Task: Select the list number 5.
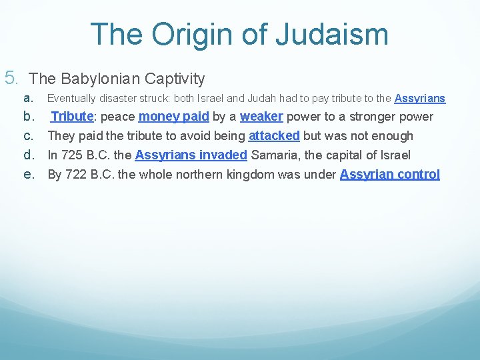[11, 78]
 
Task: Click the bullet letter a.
[28, 98]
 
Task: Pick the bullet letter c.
[29, 136]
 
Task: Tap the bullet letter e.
[29, 175]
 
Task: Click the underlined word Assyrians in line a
[419, 99]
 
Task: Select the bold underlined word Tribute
[71, 117]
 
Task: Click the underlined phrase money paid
[173, 117]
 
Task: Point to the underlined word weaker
[261, 117]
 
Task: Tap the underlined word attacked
[273, 136]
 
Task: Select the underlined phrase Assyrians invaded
[191, 155]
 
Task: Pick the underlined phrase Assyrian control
[389, 175]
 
